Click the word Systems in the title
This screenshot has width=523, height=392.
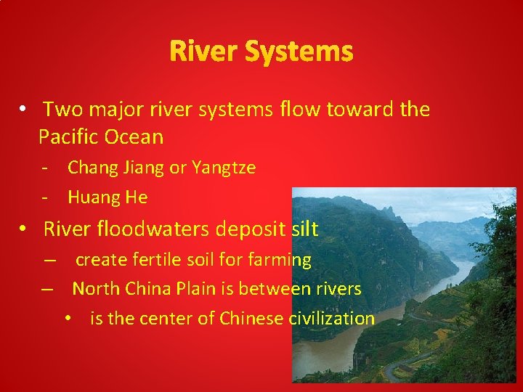[x=299, y=52]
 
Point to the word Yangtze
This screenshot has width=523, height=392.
[x=223, y=168]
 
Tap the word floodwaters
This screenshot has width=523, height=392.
[x=179, y=229]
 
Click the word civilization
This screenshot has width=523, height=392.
[x=332, y=318]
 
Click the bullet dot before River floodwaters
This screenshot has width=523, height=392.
[x=24, y=229]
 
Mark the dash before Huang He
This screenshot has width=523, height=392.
[x=45, y=197]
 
